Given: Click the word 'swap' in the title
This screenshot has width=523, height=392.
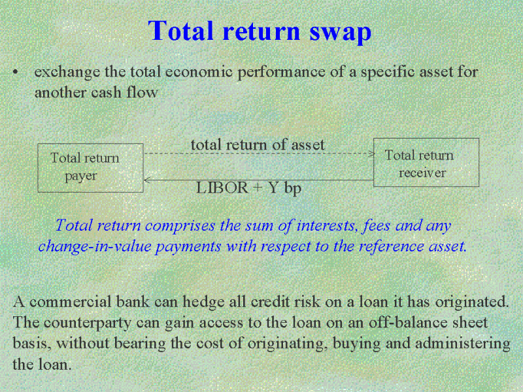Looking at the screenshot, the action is tap(340, 33).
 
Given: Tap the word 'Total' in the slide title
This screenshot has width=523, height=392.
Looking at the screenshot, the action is tap(180, 31).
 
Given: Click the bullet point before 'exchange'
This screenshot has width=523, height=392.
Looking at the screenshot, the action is tap(15, 73).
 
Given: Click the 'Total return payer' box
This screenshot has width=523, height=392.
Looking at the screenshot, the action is tap(90, 168).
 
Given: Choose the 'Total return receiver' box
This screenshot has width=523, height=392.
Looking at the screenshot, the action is tap(426, 162).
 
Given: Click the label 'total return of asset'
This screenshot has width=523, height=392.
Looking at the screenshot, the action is tap(258, 144).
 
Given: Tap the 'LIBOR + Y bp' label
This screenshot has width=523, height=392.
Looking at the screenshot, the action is tap(249, 188).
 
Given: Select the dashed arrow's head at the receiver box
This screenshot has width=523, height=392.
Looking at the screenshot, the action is tap(373, 154).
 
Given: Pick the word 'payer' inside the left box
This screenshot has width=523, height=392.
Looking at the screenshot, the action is tap(80, 176).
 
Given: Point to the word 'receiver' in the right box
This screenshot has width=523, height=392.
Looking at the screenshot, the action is tap(422, 173).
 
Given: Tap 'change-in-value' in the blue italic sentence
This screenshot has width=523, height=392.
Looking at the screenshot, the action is tap(95, 247).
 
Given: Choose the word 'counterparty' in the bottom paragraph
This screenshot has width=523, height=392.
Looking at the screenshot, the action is tap(88, 323).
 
